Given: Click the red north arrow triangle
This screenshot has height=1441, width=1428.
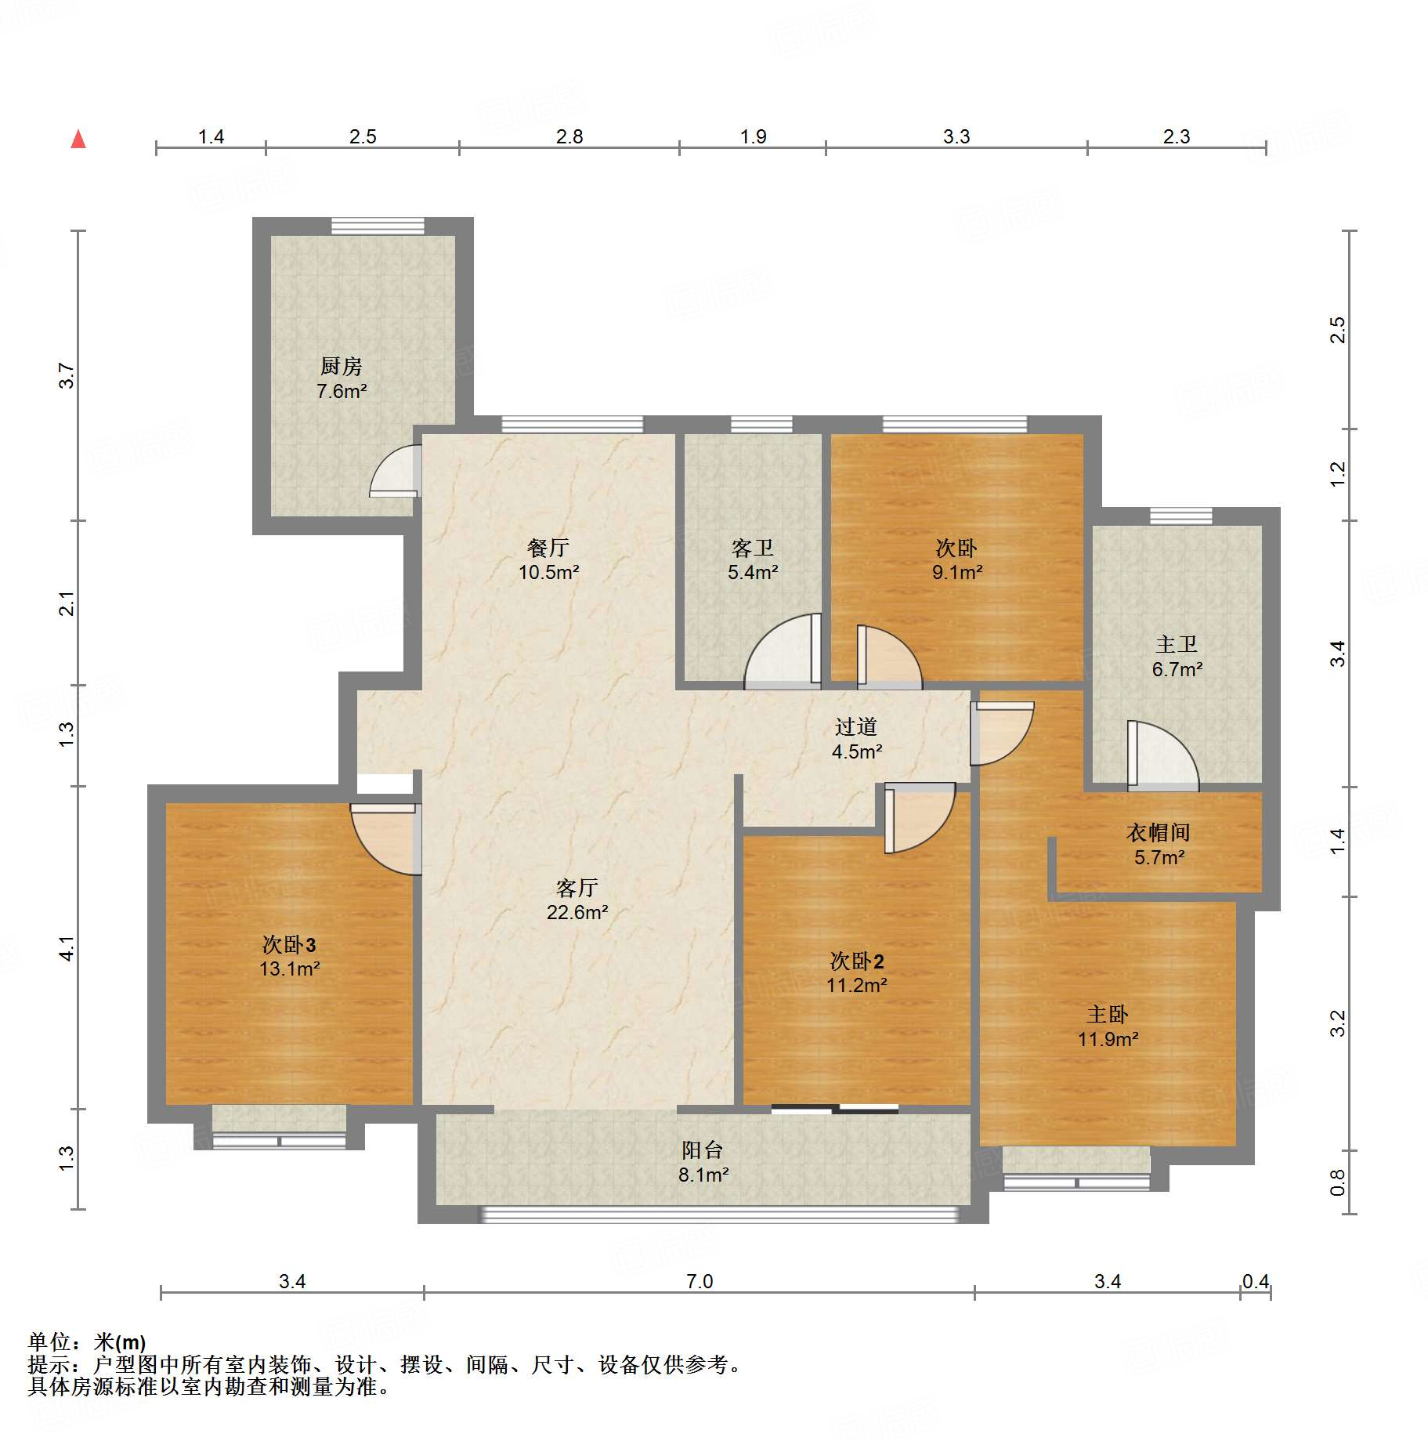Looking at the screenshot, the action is click(x=78, y=139).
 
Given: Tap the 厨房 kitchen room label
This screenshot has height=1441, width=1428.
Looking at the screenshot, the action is click(x=342, y=366).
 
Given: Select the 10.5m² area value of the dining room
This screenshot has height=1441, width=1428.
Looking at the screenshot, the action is click(x=548, y=572).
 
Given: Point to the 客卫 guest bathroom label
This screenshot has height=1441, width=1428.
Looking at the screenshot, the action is click(x=753, y=548).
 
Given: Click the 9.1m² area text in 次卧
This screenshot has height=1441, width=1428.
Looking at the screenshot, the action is click(x=957, y=572).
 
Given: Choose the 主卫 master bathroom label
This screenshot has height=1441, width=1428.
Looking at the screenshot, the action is click(x=1177, y=644).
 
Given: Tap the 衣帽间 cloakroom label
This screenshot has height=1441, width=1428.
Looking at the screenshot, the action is click(x=1159, y=832).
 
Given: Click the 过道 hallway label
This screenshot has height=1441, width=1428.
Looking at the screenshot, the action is click(x=856, y=726).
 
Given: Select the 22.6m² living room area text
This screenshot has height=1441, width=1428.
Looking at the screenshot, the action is click(x=577, y=912).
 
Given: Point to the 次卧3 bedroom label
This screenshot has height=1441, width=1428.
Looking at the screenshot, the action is click(x=289, y=944).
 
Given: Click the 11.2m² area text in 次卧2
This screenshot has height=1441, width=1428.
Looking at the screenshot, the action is click(x=857, y=985).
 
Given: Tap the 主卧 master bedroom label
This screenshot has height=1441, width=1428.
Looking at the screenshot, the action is click(x=1108, y=1015).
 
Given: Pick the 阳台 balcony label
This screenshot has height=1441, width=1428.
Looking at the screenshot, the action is click(x=703, y=1150).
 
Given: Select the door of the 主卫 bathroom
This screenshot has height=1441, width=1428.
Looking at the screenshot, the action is click(x=1162, y=755).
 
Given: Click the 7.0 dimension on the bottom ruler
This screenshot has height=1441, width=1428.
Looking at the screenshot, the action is click(x=700, y=1281).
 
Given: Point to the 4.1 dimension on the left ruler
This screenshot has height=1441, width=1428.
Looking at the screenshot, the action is click(x=67, y=948).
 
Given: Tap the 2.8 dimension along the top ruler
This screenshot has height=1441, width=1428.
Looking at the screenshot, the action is click(x=569, y=136).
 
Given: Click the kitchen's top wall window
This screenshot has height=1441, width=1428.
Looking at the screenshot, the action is click(x=378, y=226).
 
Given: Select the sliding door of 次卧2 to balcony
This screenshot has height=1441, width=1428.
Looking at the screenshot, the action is click(x=835, y=1109).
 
